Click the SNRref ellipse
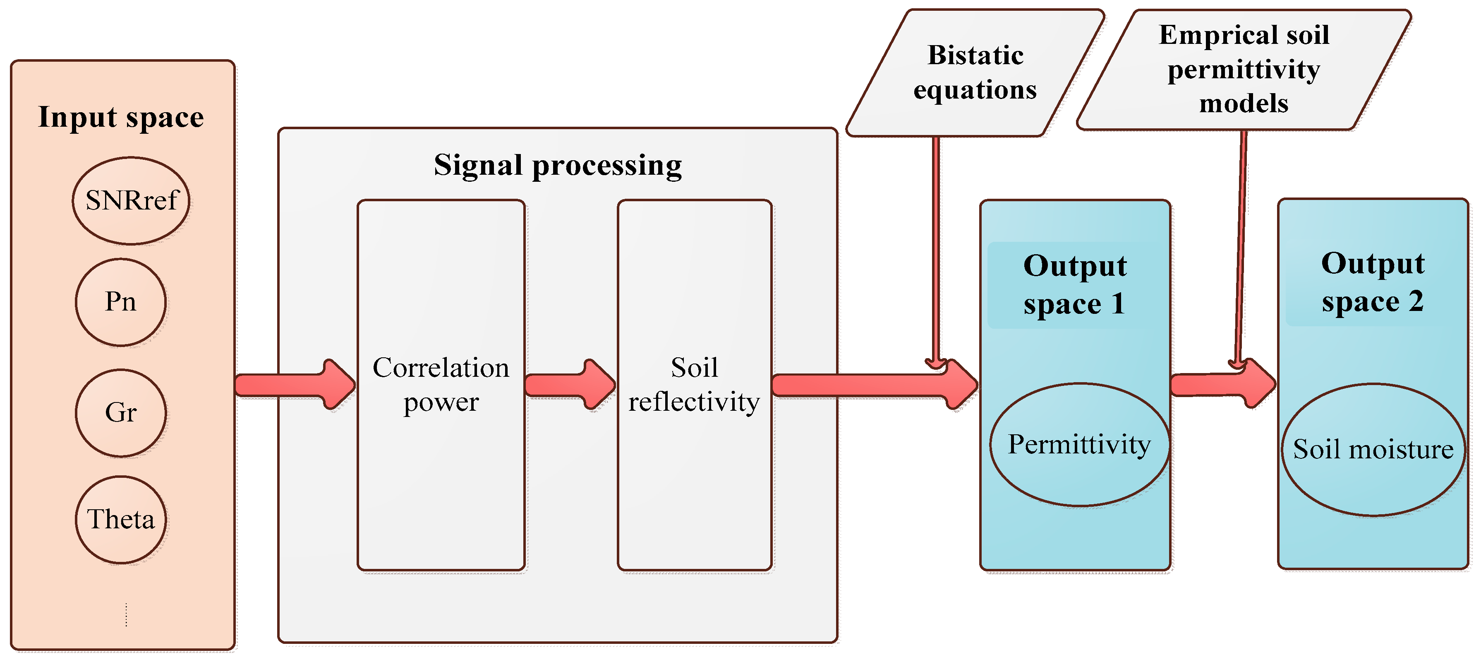(131, 201)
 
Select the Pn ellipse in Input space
(121, 302)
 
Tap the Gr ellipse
(121, 412)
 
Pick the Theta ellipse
(121, 520)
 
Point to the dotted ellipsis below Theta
(126, 614)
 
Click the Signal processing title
(557, 166)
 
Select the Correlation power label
(441, 384)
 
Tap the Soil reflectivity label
(694, 384)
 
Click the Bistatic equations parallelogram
(975, 73)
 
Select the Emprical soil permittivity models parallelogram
(1244, 70)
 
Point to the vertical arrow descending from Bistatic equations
(936, 248)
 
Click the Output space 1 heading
(1074, 285)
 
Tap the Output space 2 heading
(1372, 282)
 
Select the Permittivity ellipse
(1079, 445)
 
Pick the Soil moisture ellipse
(1373, 449)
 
